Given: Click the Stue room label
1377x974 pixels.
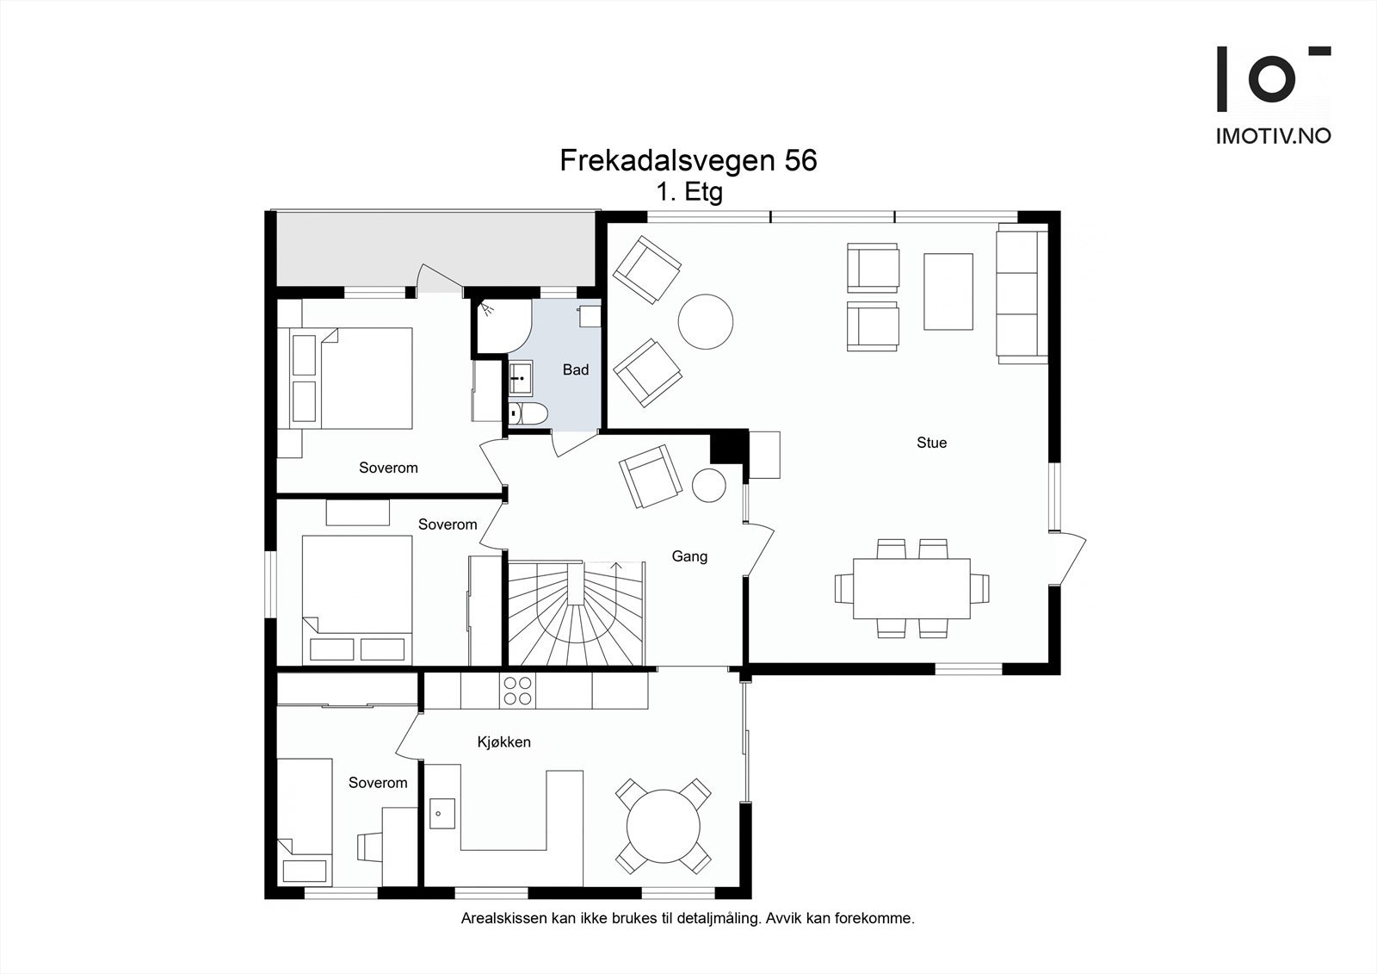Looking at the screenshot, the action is (x=931, y=443).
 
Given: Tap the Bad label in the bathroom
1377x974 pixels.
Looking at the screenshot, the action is (x=576, y=369).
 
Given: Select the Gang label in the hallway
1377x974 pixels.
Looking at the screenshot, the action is (x=689, y=557).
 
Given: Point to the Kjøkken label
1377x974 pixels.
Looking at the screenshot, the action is (x=503, y=742).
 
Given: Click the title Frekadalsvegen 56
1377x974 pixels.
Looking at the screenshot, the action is (x=688, y=160).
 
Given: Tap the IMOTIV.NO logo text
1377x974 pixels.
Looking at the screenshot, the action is (x=1274, y=136).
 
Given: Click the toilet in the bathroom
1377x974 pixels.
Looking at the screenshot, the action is (x=528, y=414).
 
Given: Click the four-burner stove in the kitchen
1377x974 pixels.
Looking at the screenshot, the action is (x=517, y=691).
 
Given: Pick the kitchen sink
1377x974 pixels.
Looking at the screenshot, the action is (x=442, y=814).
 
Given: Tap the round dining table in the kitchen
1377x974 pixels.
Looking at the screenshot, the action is (x=664, y=827).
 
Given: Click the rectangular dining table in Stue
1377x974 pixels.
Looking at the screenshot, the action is (x=911, y=588).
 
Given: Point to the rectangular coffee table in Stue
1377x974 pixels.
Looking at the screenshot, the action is (x=948, y=292).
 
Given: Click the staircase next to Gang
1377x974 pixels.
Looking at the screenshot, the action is (x=576, y=613).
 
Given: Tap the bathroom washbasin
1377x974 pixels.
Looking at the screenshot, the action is (x=521, y=378).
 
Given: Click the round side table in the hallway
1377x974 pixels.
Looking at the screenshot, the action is (x=709, y=486).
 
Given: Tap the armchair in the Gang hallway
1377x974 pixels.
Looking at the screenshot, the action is (x=651, y=476).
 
